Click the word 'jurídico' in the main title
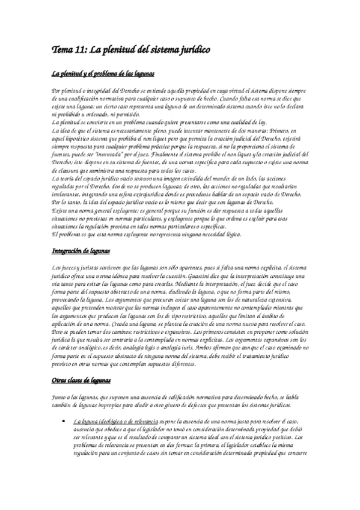[192, 51]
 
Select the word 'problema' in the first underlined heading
[102, 73]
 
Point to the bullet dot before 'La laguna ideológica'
[64, 420]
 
